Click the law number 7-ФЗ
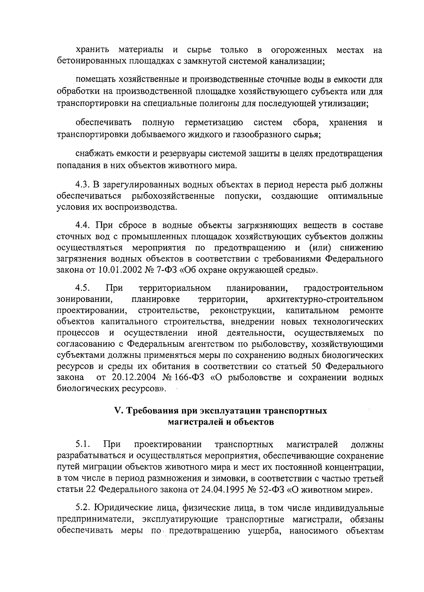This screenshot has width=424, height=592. pos(168,271)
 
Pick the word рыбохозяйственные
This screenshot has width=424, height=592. pos(173,196)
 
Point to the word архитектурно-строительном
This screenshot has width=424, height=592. pos(325,299)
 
